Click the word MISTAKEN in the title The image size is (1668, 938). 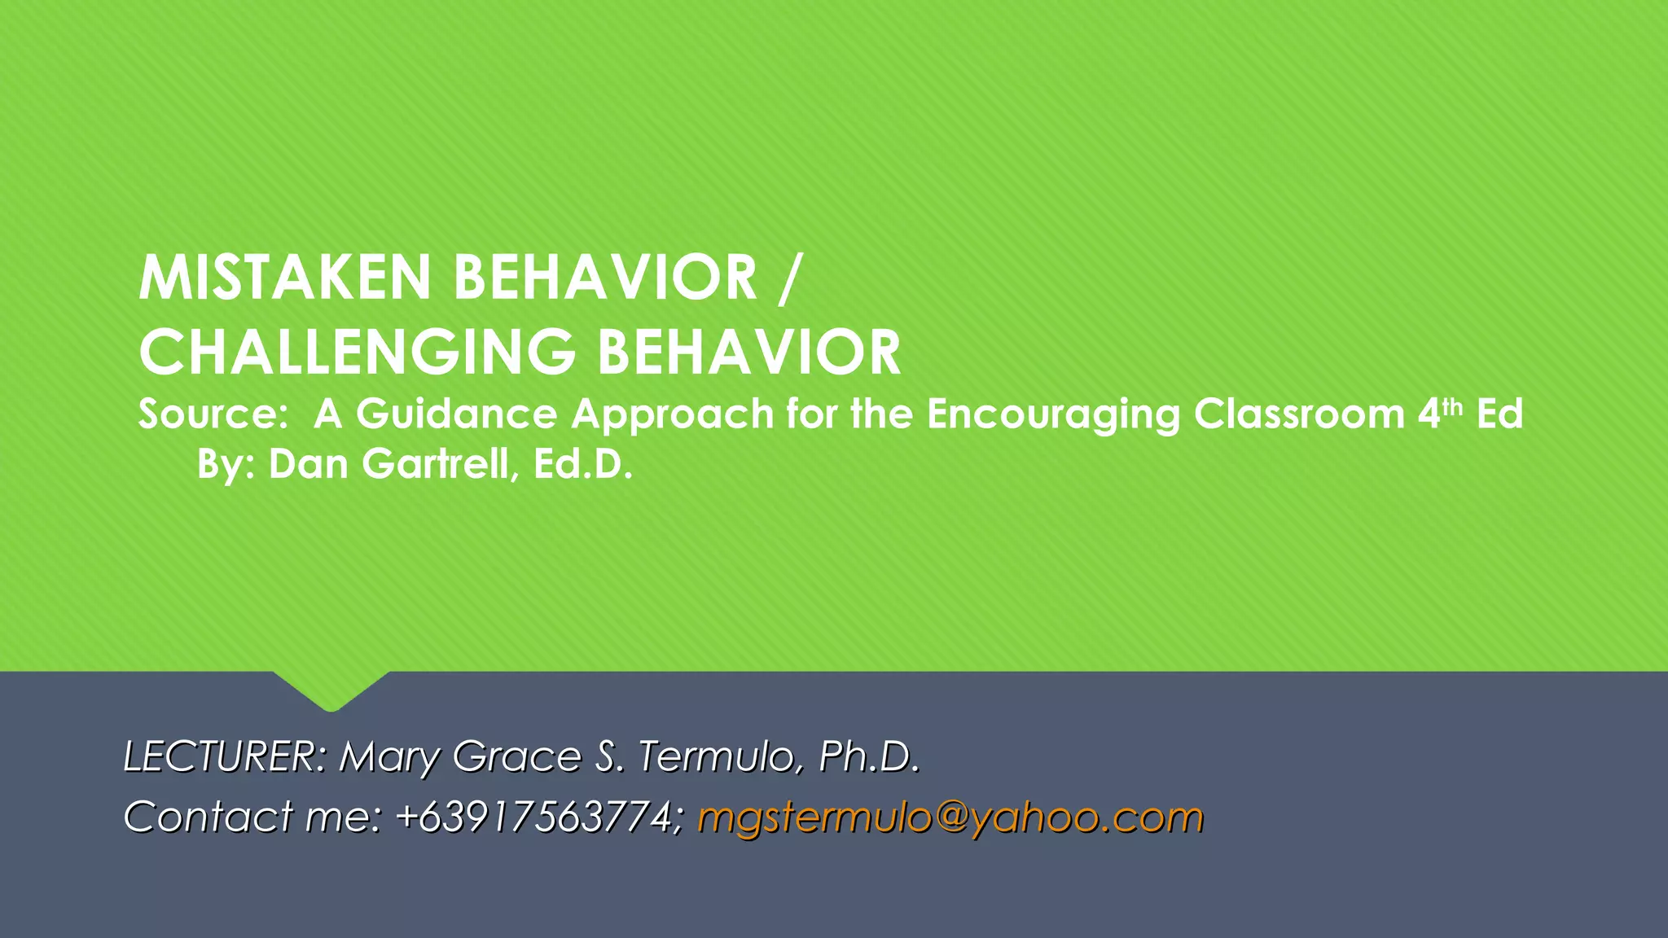pos(284,278)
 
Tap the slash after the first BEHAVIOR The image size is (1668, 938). pos(787,278)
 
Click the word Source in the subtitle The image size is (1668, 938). pos(208,414)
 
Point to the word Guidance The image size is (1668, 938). pos(456,414)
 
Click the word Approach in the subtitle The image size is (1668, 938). pos(672,415)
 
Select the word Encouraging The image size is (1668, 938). pos(1053,415)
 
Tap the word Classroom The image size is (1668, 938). pos(1299,414)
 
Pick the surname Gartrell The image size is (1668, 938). pos(436,464)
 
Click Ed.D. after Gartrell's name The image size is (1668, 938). pos(583,464)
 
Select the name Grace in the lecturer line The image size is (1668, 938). pos(516,756)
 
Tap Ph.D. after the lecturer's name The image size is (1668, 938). pos(869,756)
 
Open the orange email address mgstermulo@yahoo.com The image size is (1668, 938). pos(950,817)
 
